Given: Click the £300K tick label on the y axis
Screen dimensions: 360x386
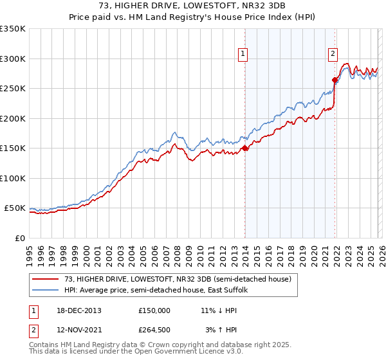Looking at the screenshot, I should (x=13, y=59).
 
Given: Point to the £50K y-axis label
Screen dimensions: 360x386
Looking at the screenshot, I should (x=15, y=208).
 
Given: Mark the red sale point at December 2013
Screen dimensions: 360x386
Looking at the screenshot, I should (x=245, y=148).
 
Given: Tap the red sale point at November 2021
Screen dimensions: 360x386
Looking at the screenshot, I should (x=335, y=80).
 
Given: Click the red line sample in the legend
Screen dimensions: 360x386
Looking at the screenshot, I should (x=46, y=279).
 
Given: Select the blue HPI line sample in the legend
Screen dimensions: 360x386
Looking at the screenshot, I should (x=46, y=290).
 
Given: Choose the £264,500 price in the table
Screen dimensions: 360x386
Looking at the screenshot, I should (x=154, y=330).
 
